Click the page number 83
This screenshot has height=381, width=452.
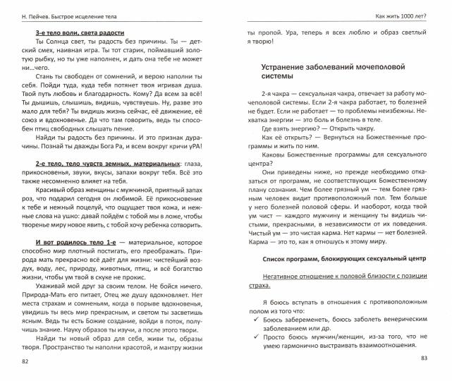[424, 360]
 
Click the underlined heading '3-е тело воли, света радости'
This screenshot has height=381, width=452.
[79, 33]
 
